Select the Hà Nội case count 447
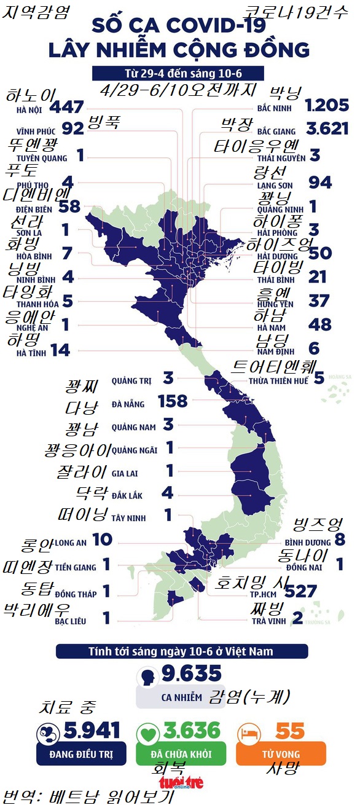pyautogui.click(x=68, y=108)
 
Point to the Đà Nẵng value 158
pyautogui.click(x=173, y=402)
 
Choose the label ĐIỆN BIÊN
pyautogui.click(x=35, y=209)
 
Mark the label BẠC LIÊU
pyautogui.click(x=70, y=621)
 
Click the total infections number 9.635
pyautogui.click(x=191, y=674)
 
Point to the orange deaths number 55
pyautogui.click(x=290, y=731)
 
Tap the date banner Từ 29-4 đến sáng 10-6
pyautogui.click(x=179, y=74)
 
